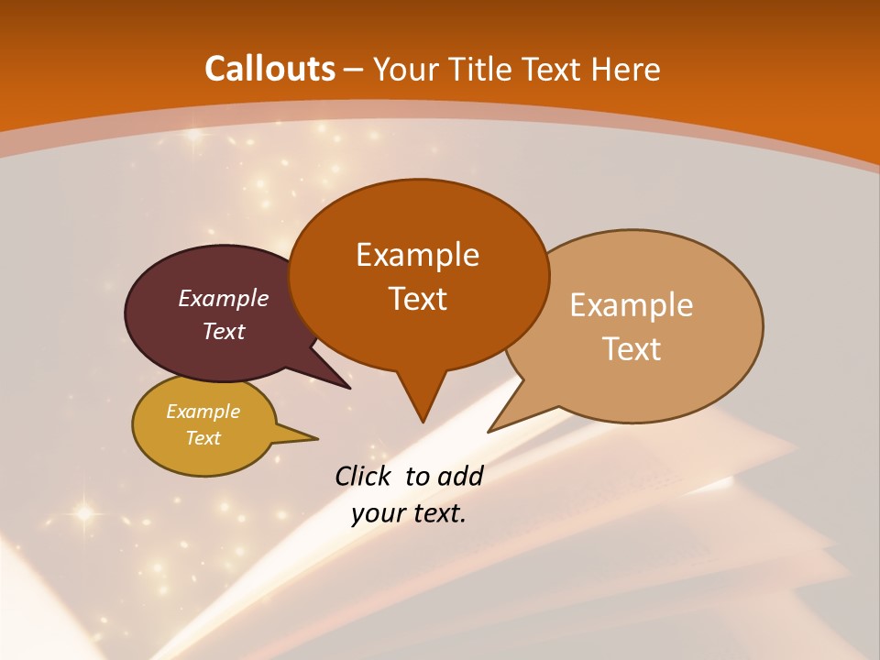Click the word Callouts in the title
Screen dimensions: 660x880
[269, 69]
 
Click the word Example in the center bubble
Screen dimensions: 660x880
[417, 254]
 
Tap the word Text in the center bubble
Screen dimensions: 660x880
[417, 299]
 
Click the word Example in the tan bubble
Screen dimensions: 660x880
[632, 305]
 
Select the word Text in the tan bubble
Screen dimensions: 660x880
[632, 349]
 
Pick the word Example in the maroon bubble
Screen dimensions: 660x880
[223, 298]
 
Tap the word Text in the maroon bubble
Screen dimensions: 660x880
[223, 331]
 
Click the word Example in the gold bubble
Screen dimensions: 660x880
[203, 412]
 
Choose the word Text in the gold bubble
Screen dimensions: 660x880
[203, 438]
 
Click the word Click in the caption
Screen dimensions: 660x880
[365, 476]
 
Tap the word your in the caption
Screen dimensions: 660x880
[379, 513]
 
